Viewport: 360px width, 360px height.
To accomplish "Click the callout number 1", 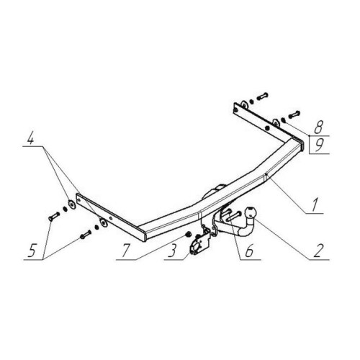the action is coord(315,205).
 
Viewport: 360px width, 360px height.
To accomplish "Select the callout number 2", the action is coord(318,251).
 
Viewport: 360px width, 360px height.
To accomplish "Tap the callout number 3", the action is coord(173,251).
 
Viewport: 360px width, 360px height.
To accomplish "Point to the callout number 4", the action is coord(30,138).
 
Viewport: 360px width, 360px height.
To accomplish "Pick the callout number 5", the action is coord(32,251).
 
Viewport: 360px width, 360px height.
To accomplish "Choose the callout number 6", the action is coord(249,251).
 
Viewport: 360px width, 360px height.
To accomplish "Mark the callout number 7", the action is coord(127,251).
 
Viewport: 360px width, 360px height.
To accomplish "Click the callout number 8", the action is coord(318,127).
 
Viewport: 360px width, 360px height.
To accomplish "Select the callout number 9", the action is coord(319,145).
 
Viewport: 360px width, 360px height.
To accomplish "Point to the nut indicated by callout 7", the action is coord(189,233).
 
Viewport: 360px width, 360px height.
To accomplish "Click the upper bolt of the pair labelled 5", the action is coord(54,215).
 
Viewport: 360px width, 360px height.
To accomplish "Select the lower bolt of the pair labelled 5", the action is coord(86,234).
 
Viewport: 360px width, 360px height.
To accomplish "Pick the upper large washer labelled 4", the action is coord(71,204).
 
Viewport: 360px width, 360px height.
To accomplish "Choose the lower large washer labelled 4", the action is coord(104,222).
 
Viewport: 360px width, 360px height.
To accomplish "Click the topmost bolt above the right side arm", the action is coord(262,96).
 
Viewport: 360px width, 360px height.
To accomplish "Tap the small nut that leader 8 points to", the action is coord(283,120).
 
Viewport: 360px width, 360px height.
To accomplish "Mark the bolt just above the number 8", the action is coord(294,114).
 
